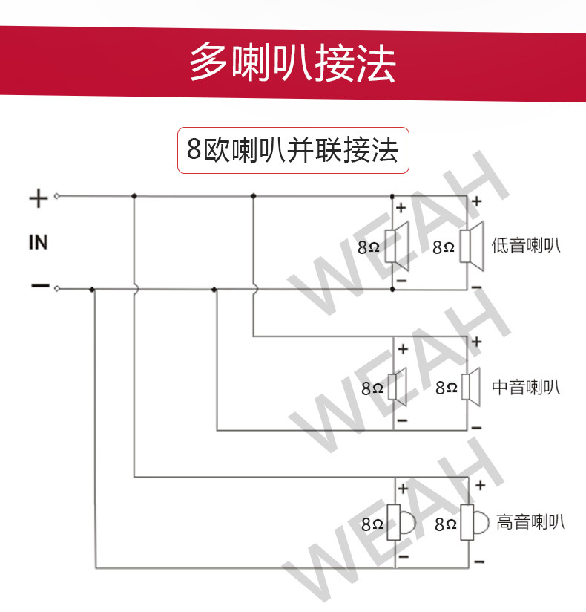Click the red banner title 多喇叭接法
coord(292,62)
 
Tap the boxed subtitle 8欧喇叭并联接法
coord(292,150)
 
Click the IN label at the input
coord(38,242)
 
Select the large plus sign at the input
coord(38,198)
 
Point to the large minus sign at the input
coord(39,286)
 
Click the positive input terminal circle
coord(57,197)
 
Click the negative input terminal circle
coord(57,289)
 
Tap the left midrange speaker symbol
coord(399,386)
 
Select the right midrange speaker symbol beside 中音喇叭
coord(472,386)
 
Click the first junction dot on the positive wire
coord(134,197)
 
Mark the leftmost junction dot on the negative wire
coord(92,290)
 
